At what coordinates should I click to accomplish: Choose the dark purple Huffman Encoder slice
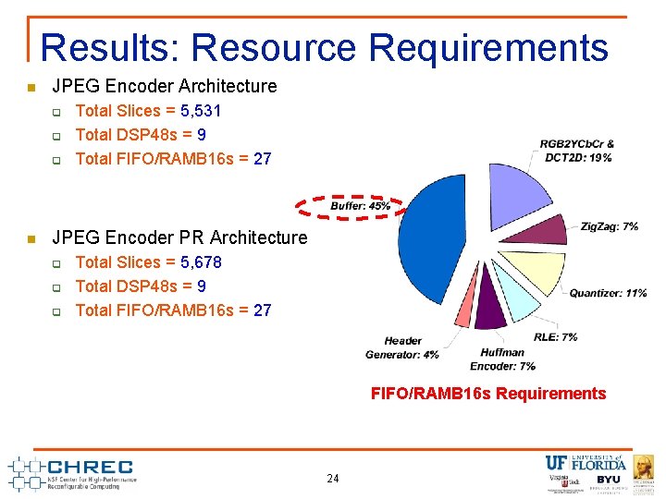(490, 312)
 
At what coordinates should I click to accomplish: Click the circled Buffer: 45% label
(360, 205)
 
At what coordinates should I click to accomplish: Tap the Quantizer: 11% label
(608, 293)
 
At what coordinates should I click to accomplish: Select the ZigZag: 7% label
(610, 226)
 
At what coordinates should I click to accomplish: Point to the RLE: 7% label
(555, 336)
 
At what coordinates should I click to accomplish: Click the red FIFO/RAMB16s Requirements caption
(487, 394)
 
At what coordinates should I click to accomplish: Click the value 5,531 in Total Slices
(201, 111)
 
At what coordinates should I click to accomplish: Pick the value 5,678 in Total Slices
(201, 262)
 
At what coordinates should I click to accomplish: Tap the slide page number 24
(333, 479)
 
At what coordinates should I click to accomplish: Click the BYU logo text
(609, 480)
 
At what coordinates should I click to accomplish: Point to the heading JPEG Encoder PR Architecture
(179, 237)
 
